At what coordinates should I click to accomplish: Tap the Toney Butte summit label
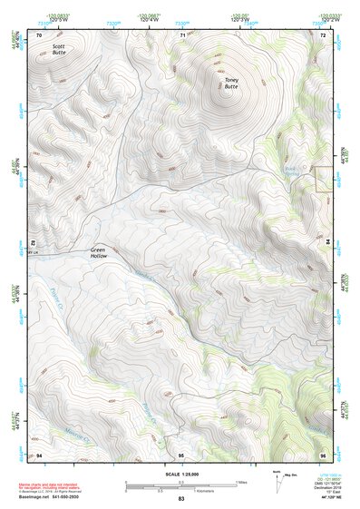coord(232,83)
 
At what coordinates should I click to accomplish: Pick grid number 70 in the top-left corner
coord(38,34)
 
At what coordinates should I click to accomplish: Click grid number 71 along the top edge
coord(182,34)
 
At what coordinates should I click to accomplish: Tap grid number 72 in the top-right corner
coord(323,34)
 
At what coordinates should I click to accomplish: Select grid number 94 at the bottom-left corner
coord(38,454)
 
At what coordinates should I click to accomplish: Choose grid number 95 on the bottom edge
coord(181,454)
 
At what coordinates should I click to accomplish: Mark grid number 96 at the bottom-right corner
coord(322,454)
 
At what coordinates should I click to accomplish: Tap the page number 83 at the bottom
coord(181,499)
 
